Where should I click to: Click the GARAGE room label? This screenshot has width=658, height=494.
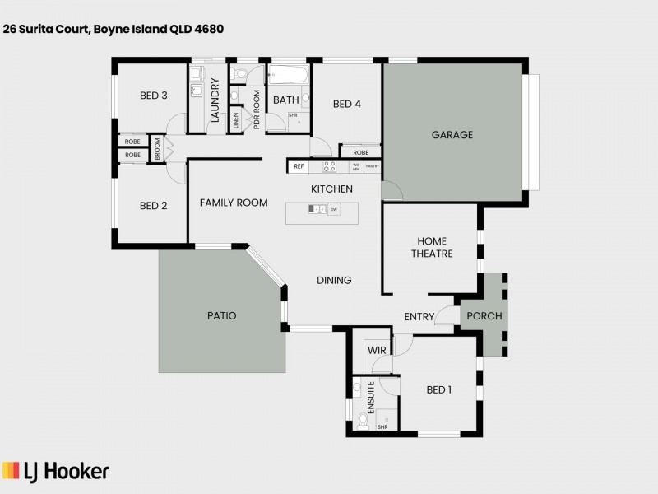(452, 135)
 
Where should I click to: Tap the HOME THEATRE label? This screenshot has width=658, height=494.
(432, 247)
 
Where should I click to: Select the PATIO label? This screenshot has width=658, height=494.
(221, 315)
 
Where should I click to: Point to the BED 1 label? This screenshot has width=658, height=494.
(439, 389)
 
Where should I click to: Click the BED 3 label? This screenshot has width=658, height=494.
(154, 96)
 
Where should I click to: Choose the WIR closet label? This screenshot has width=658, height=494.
(377, 350)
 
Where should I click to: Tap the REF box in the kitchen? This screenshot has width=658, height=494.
(299, 166)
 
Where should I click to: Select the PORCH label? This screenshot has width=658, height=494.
(484, 316)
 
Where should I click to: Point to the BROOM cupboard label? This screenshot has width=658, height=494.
(157, 149)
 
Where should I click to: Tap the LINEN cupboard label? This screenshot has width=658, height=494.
(235, 120)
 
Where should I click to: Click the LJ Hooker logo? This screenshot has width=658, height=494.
(56, 471)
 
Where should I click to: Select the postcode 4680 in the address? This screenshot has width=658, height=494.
(210, 28)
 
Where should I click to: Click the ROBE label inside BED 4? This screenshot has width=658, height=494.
(360, 152)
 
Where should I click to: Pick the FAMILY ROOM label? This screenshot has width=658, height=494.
(234, 203)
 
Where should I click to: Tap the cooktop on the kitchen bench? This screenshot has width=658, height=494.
(329, 165)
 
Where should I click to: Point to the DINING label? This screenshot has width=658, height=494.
(334, 280)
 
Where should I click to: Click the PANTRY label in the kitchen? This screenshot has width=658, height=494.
(372, 165)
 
